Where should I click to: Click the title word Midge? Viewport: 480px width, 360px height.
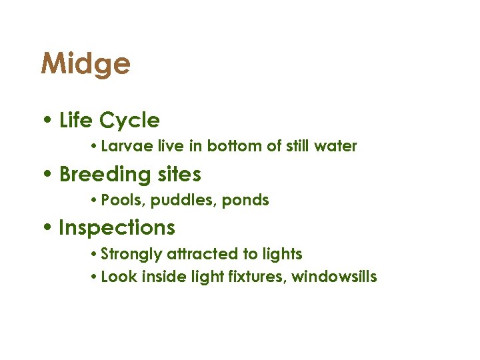coord(85,65)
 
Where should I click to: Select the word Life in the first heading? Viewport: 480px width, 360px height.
coord(76,121)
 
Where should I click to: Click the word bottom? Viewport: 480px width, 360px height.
coord(235,146)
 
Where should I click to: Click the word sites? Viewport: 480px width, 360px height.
coord(179,175)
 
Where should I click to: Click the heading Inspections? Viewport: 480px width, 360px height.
coord(117,228)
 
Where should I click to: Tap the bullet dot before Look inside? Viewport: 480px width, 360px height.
coord(95,276)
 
